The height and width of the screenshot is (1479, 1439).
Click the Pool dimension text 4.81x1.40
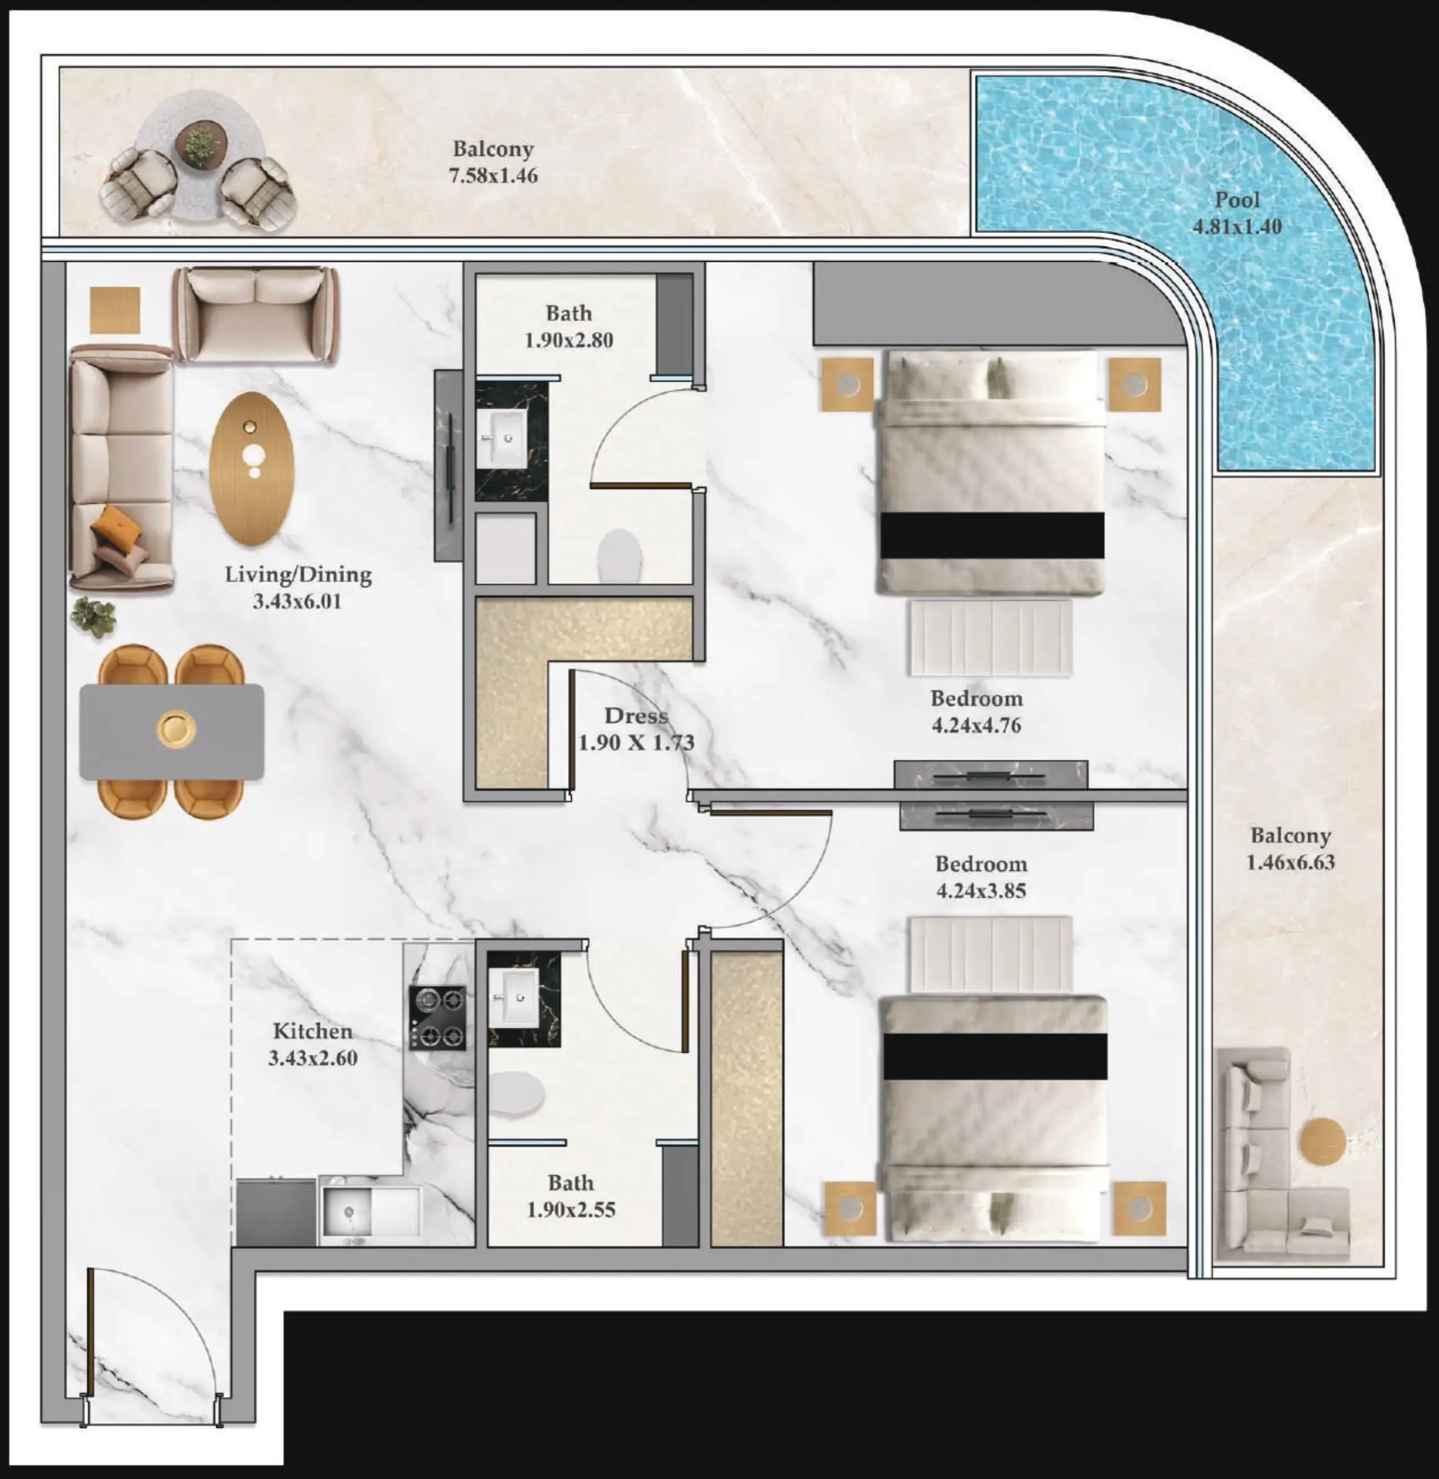[x=1237, y=227]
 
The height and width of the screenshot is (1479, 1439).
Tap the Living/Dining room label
[x=298, y=574]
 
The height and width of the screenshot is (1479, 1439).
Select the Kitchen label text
[x=312, y=1031]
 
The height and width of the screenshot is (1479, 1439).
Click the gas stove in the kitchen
[x=437, y=1017]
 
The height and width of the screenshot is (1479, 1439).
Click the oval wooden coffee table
[x=252, y=468]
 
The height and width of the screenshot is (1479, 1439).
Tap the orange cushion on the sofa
[x=117, y=524]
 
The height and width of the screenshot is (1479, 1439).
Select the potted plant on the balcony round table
[x=200, y=144]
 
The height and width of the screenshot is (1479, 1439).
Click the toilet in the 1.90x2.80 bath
[x=619, y=556]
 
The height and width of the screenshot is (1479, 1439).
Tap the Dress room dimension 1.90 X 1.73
[x=636, y=742]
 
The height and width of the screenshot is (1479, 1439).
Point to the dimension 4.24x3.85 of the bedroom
[x=981, y=890]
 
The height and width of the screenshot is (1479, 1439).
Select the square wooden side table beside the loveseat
[x=115, y=310]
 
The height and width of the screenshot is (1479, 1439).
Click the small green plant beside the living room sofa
[x=94, y=616]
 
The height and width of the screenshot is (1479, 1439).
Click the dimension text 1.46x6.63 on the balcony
[x=1290, y=862]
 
